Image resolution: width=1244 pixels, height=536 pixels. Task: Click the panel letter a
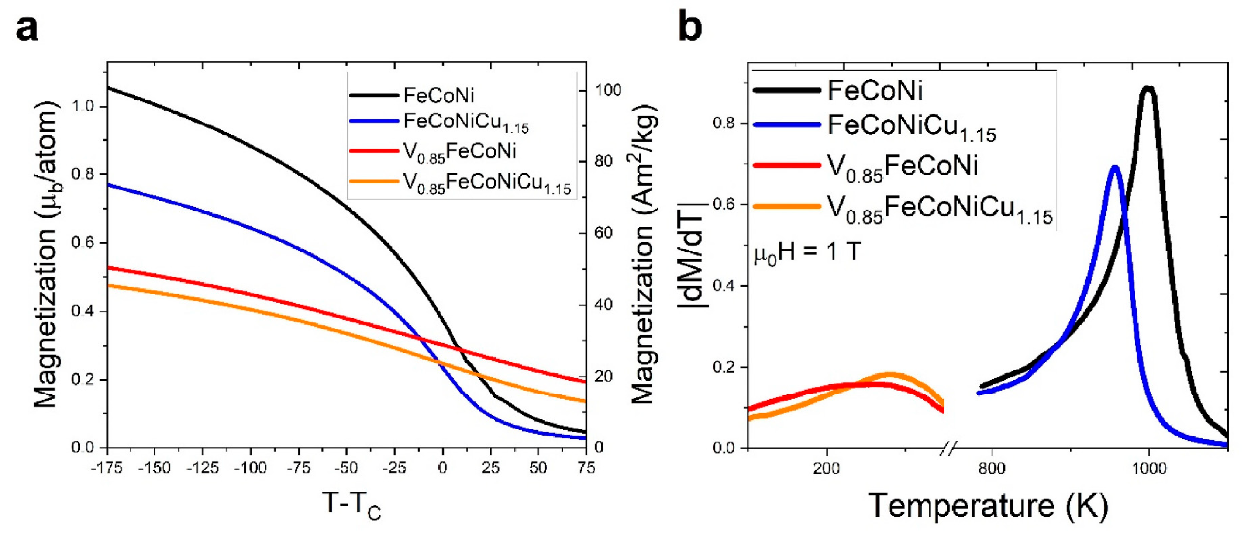(27, 29)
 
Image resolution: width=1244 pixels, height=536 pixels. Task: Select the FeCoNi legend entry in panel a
(438, 95)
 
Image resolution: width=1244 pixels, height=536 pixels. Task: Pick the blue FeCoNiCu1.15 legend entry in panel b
(912, 127)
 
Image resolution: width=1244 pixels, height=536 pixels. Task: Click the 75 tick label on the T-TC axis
(586, 468)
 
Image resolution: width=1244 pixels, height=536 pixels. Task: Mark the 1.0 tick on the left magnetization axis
(82, 106)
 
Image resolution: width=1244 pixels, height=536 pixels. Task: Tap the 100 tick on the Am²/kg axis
(607, 90)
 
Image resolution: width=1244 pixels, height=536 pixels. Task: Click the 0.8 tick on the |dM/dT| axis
(724, 123)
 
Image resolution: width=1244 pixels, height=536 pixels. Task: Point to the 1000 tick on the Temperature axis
(1149, 468)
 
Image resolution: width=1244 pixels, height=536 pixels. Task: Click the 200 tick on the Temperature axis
(827, 468)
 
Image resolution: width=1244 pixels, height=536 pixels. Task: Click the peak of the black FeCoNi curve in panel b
(1148, 88)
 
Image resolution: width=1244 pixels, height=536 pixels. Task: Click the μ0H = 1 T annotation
(807, 253)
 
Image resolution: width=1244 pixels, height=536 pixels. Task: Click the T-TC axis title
(351, 505)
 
